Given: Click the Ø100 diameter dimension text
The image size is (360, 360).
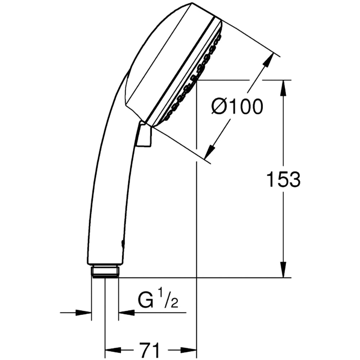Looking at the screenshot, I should coord(237,107).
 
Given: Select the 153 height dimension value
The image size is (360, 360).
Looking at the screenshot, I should coord(283,179).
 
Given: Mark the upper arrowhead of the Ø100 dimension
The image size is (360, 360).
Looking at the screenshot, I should coord(268,61).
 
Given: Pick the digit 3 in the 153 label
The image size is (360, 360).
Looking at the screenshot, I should coord(294,179).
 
